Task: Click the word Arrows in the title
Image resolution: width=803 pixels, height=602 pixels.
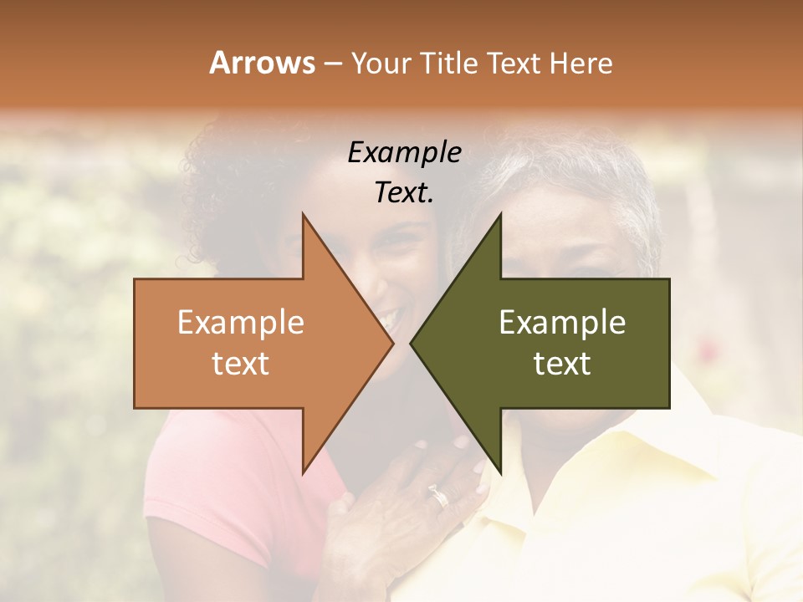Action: pyautogui.click(x=263, y=63)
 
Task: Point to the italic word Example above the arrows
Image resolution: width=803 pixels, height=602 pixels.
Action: pyautogui.click(x=404, y=153)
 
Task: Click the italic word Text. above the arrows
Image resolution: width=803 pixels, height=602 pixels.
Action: pyautogui.click(x=404, y=193)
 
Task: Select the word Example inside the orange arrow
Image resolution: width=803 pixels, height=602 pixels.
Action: pyautogui.click(x=241, y=323)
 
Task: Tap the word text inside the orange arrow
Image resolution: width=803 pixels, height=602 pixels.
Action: pyautogui.click(x=241, y=364)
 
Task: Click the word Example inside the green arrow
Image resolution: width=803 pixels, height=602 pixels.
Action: pyautogui.click(x=562, y=323)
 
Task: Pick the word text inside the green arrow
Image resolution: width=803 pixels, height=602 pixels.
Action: pyautogui.click(x=562, y=364)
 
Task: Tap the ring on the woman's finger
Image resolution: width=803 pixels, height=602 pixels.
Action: pyautogui.click(x=439, y=497)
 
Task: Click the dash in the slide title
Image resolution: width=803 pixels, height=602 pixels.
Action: pyautogui.click(x=332, y=64)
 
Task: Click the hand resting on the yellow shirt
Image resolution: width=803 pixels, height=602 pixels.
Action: pyautogui.click(x=393, y=518)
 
